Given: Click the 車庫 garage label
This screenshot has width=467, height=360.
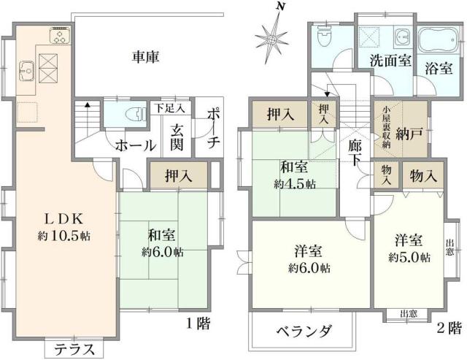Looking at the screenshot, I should pos(146,56).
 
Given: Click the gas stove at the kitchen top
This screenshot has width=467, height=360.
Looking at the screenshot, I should pos(58,36).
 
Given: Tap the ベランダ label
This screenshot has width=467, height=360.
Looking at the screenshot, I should pos(302,331).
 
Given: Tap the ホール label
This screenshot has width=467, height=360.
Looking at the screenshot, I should pos(134,145).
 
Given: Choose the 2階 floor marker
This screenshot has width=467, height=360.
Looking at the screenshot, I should pos(447,326).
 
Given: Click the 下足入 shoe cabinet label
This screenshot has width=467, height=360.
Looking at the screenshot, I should pos(170,108).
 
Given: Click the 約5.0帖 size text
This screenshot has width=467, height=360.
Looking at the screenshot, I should pos(409,257).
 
